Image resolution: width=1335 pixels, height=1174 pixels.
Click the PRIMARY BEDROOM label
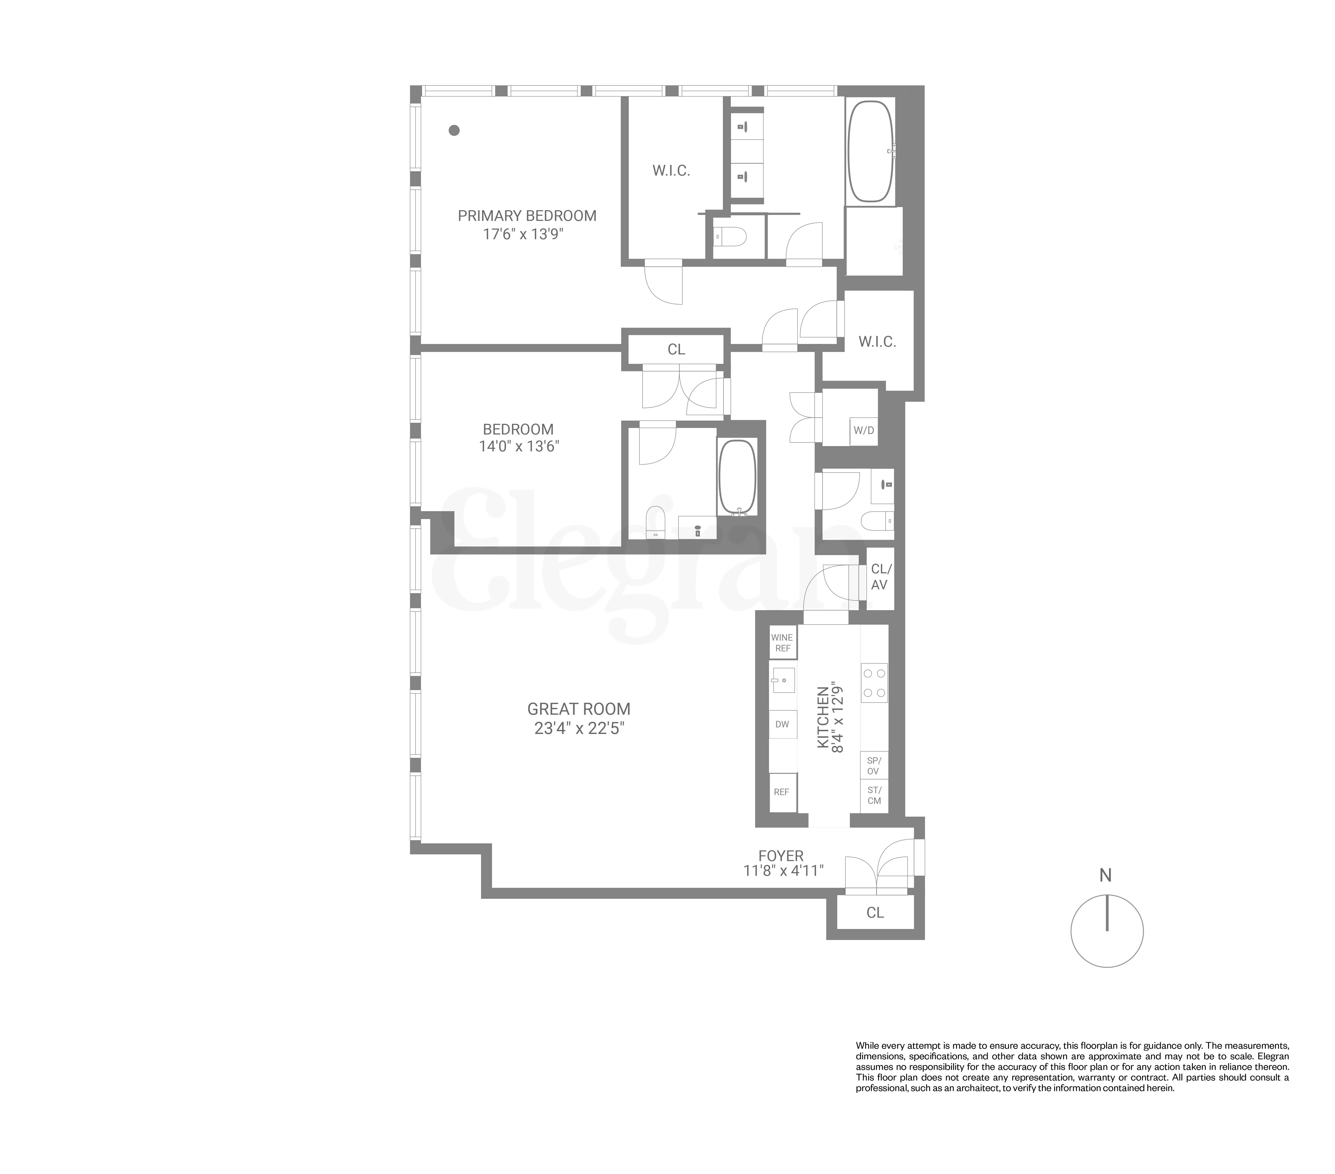(527, 216)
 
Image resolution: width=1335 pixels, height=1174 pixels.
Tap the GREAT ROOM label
(579, 709)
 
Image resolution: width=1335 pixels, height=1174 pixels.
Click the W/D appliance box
(863, 431)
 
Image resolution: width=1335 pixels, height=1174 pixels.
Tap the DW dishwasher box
(782, 724)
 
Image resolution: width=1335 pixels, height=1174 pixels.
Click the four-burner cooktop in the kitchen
(874, 683)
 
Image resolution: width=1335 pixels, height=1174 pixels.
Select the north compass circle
(1106, 931)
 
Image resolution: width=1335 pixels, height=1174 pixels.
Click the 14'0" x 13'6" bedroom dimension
(519, 447)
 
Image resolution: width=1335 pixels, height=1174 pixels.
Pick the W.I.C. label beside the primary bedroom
(671, 171)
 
